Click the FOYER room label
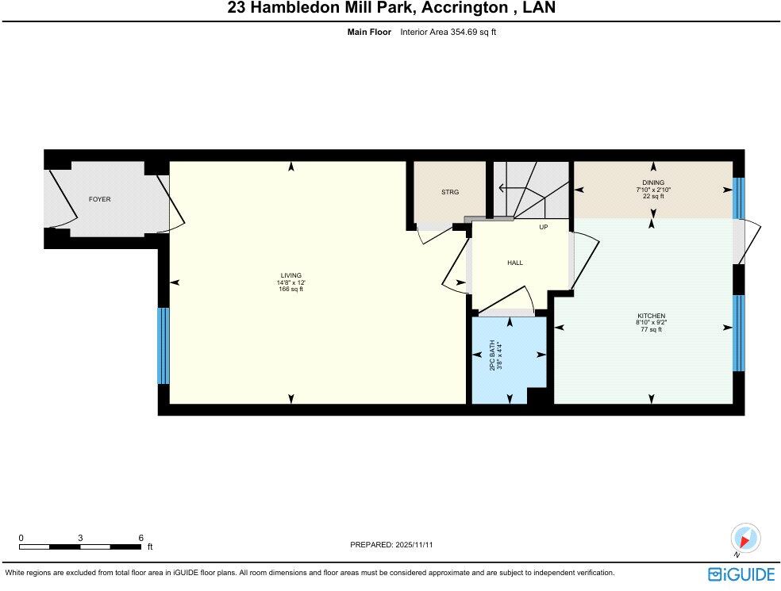pos(99,199)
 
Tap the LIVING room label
pos(290,275)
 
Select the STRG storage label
pos(450,192)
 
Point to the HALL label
pos(515,263)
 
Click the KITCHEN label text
pos(650,316)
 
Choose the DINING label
pos(653,182)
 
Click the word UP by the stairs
pos(544,227)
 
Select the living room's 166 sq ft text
pos(290,290)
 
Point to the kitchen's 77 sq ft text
pos(650,329)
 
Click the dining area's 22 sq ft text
pos(652,197)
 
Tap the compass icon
pos(744,538)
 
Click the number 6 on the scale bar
pos(140,537)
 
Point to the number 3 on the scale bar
pos(80,537)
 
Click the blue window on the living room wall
pos(164,345)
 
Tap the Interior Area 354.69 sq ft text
pos(448,33)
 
